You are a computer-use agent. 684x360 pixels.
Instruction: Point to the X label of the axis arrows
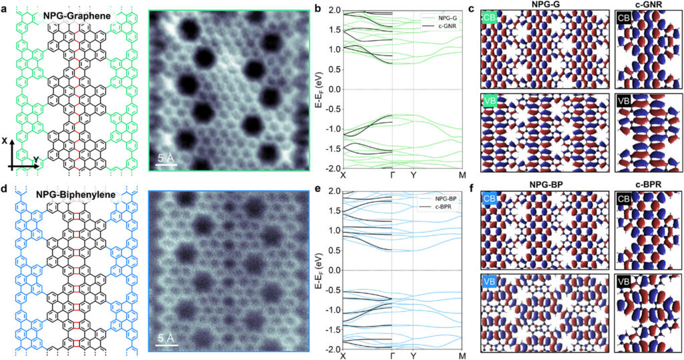tap(6, 141)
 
